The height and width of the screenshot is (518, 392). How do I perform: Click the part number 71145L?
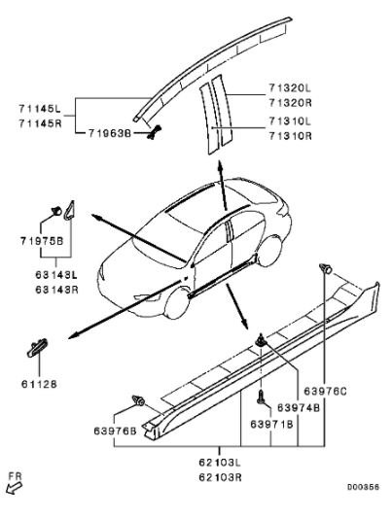pyautogui.click(x=40, y=108)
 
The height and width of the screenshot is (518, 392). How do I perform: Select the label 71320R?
pyautogui.click(x=290, y=103)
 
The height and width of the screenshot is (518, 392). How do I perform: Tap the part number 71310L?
pyautogui.click(x=290, y=121)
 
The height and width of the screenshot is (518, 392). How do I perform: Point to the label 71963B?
pyautogui.click(x=110, y=133)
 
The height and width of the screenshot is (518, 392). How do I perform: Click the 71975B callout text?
pyautogui.click(x=42, y=241)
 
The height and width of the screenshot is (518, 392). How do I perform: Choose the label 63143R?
pyautogui.click(x=56, y=290)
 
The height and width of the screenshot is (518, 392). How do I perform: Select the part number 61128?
pyautogui.click(x=39, y=384)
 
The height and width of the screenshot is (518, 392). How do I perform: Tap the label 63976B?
pyautogui.click(x=115, y=432)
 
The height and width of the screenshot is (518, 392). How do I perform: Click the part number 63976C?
pyautogui.click(x=325, y=392)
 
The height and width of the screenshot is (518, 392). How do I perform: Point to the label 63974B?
pyautogui.click(x=299, y=408)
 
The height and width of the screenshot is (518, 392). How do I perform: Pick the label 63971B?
pyautogui.click(x=271, y=424)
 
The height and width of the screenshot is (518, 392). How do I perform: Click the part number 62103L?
pyautogui.click(x=220, y=463)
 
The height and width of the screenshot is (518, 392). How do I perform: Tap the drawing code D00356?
pyautogui.click(x=363, y=487)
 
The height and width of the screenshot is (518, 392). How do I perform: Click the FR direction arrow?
pyautogui.click(x=14, y=488)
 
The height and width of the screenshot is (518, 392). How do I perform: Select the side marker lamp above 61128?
pyautogui.click(x=37, y=348)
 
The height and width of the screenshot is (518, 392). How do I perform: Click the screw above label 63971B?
pyautogui.click(x=261, y=397)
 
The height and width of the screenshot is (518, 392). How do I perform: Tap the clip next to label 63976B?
pyautogui.click(x=138, y=400)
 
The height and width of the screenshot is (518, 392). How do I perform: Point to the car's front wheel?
pyautogui.click(x=177, y=303)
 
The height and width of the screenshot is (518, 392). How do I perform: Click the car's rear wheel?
pyautogui.click(x=270, y=251)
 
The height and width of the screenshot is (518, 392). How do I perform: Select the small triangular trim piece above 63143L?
pyautogui.click(x=69, y=211)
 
